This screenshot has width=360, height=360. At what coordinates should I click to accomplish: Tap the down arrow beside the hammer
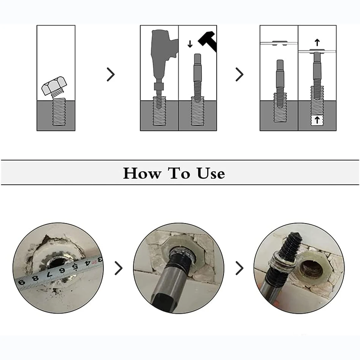point(190,44)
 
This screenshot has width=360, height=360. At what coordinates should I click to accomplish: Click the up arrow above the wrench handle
point(317,42)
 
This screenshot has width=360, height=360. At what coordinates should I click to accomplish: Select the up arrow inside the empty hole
point(317,120)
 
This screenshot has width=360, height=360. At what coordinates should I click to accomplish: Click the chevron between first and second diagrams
point(111,74)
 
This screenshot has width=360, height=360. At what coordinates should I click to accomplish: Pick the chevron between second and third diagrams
point(239,74)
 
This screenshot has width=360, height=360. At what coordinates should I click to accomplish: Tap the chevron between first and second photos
point(118,268)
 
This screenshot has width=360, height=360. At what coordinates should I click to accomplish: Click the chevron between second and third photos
point(239,268)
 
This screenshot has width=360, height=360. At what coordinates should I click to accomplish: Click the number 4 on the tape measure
point(87,263)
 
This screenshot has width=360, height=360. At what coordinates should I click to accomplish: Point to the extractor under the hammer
point(197,78)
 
